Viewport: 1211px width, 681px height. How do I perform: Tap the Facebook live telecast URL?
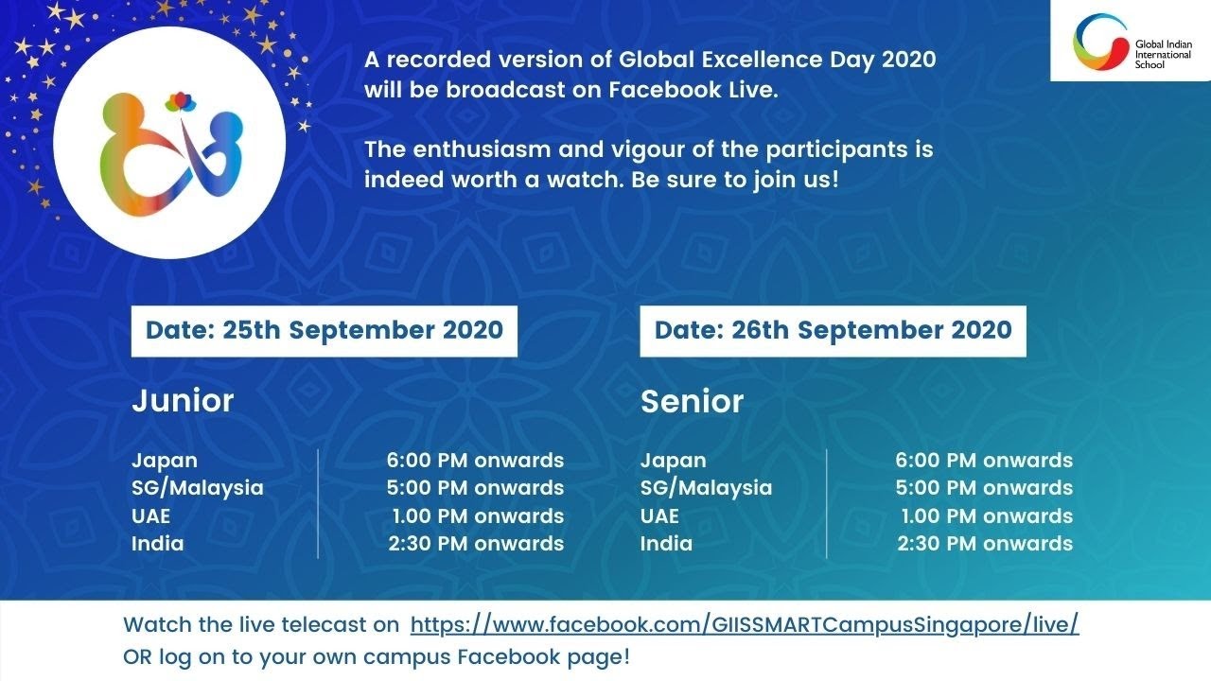point(745,625)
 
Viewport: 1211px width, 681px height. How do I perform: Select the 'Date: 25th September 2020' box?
point(324,330)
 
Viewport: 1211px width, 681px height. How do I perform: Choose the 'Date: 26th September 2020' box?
point(833,330)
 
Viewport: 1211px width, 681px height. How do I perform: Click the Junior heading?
point(183,400)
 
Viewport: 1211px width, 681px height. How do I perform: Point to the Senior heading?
point(692,401)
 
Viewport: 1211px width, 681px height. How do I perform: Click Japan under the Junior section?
point(165,461)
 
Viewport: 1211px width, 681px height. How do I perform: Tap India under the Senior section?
point(666,544)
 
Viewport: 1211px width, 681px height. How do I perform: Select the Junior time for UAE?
point(478,516)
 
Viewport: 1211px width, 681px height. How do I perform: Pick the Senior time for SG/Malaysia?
point(984,488)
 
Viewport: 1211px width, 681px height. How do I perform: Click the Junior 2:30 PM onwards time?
point(476,544)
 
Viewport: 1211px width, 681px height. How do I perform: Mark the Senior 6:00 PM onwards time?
point(984,461)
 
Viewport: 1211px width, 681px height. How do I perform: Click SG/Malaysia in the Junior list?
point(197,488)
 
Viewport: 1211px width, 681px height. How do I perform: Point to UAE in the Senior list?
point(659,516)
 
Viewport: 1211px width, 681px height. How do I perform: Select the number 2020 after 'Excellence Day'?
point(908,60)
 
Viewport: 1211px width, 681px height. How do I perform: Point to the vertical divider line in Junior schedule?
point(318,502)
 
